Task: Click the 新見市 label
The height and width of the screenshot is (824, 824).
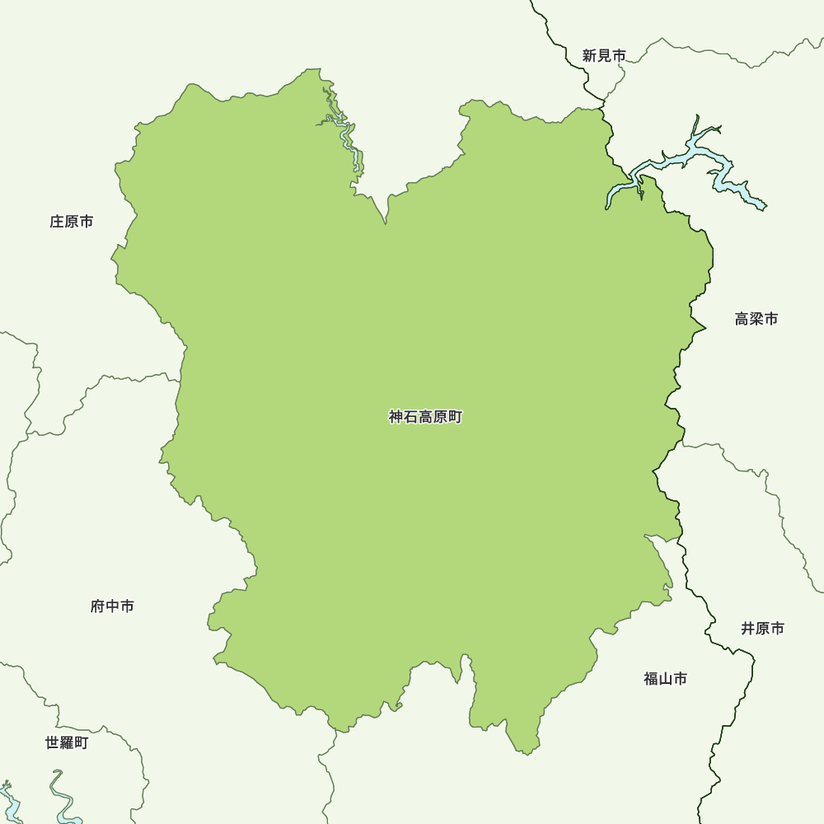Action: (604, 56)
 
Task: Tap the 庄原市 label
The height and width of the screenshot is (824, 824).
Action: (72, 222)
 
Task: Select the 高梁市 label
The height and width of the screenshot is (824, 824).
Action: (756, 319)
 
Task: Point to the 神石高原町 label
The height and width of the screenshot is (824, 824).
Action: (426, 418)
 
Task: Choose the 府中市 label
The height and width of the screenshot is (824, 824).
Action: (112, 606)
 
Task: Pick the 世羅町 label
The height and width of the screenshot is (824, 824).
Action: (67, 743)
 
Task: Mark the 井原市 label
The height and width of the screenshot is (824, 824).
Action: (762, 629)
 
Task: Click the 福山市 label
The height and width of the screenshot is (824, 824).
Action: (666, 679)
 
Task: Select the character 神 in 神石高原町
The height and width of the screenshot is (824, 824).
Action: (396, 418)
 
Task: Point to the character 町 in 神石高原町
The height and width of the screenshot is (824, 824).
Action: (456, 418)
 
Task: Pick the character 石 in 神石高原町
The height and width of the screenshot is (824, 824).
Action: (411, 418)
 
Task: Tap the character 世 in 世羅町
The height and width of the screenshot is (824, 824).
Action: (52, 743)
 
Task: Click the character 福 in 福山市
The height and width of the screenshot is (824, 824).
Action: (651, 679)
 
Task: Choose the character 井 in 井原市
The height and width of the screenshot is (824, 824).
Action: (747, 629)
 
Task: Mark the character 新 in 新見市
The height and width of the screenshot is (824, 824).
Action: (589, 56)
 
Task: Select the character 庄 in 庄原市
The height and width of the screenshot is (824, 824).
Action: (57, 222)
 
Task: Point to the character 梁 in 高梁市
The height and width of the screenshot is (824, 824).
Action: (756, 319)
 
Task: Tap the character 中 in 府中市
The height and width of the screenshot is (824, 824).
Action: (112, 606)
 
